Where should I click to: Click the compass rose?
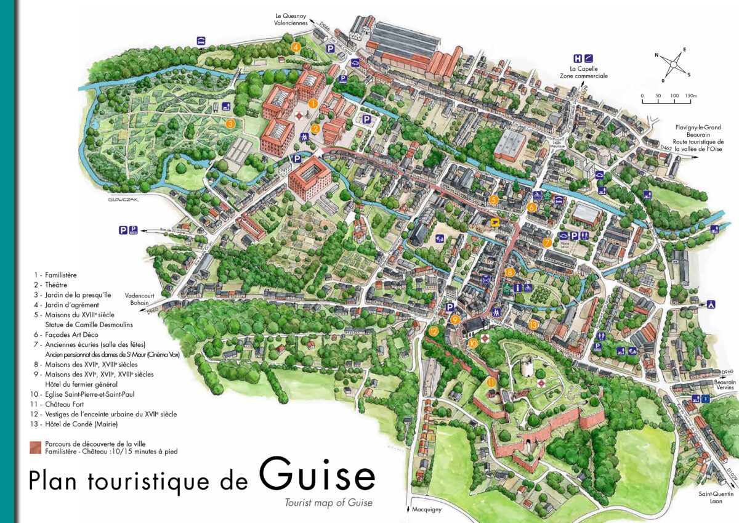coord(676,63)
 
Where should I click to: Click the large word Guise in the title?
coord(317,475)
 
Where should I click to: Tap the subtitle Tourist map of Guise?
coord(328,503)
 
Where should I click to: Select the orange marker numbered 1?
coord(313,104)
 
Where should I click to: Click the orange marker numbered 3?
coord(230,123)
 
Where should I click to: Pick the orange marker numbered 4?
coord(296,47)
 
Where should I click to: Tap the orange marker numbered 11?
coord(491,382)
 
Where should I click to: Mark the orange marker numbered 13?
coord(533,325)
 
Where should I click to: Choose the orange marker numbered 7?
coord(547,243)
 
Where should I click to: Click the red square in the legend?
coord(35,447)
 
